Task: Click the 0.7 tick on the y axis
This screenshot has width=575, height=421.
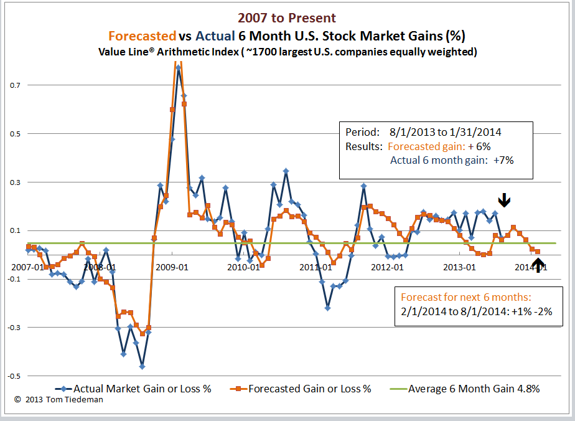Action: [x=14, y=85]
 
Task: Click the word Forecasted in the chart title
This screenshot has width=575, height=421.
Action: [x=143, y=35]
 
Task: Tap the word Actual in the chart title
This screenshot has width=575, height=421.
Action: [x=217, y=35]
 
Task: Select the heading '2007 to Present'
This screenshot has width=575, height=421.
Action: [x=287, y=19]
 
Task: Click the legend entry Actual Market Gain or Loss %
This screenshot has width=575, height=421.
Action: [x=142, y=389]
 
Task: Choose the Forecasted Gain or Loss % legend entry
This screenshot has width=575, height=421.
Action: [x=309, y=389]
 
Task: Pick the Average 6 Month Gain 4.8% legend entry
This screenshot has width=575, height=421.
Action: [x=474, y=389]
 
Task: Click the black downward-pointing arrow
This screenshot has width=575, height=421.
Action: [x=505, y=199]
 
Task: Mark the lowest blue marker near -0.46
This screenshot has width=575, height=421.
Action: [x=143, y=366]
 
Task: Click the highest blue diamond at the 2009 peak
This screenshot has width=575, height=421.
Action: [x=178, y=67]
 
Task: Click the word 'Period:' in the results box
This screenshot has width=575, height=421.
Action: [x=362, y=133]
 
